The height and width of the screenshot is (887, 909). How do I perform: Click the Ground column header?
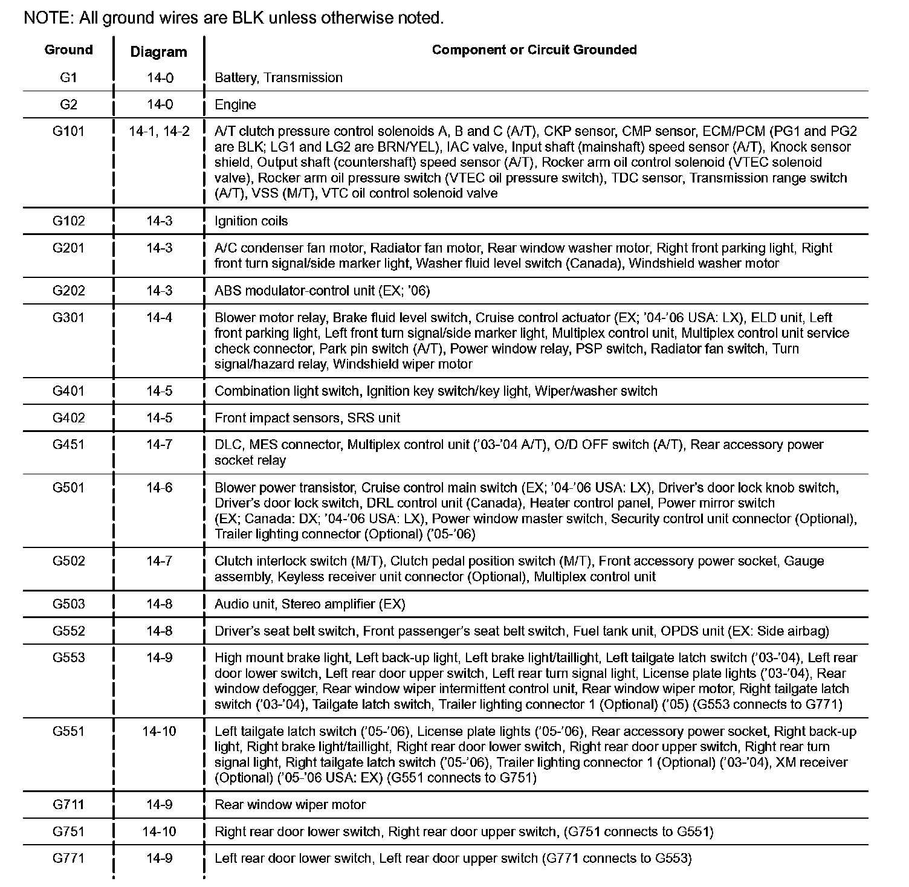(x=68, y=50)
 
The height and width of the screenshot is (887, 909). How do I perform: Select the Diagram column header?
(x=158, y=52)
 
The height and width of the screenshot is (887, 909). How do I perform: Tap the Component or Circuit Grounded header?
(x=534, y=50)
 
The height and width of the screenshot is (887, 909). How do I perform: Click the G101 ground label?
(x=68, y=131)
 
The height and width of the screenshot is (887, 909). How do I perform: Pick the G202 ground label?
(x=68, y=291)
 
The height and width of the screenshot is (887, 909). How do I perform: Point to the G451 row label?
(x=68, y=445)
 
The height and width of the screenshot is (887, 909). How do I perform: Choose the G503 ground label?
(x=68, y=604)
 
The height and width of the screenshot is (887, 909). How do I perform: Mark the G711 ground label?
(x=68, y=805)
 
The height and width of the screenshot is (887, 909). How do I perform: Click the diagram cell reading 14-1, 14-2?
(x=159, y=131)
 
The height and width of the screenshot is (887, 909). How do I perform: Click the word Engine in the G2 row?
(x=235, y=105)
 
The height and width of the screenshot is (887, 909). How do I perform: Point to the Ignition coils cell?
(x=251, y=221)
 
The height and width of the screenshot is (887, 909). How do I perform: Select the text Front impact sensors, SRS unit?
(x=307, y=418)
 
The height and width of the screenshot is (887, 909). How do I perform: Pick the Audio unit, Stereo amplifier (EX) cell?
(x=309, y=604)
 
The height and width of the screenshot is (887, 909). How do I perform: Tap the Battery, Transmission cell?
(x=278, y=78)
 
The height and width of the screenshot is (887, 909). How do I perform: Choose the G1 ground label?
(x=68, y=77)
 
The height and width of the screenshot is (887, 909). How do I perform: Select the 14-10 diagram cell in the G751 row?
(x=159, y=831)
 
